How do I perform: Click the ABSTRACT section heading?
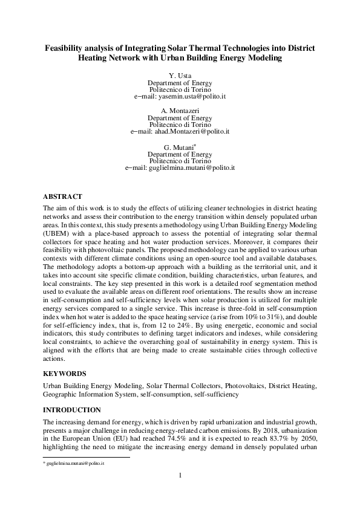(65, 196)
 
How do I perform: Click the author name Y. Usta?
(180, 75)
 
